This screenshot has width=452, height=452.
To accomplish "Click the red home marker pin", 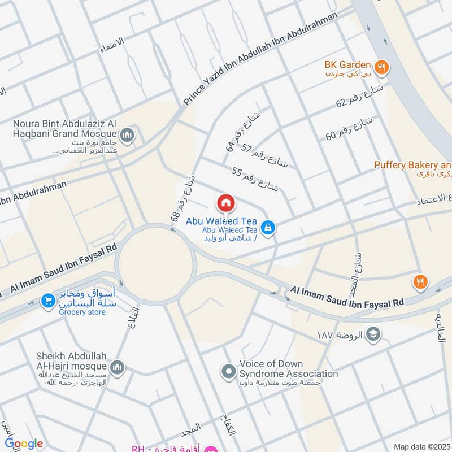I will click(x=225, y=203).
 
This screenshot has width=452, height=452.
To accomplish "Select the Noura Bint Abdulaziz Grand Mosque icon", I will click(x=127, y=134).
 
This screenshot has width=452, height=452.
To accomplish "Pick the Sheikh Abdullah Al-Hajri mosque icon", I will click(x=118, y=367).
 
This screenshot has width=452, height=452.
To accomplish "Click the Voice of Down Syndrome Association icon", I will click(x=229, y=371).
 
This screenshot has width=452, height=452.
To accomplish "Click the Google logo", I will click(x=23, y=444).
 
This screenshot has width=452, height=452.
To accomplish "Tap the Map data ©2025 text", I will click(x=420, y=446).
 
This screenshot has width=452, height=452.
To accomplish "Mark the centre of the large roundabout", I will click(x=156, y=263).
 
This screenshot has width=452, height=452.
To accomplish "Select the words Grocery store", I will click(x=81, y=312).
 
